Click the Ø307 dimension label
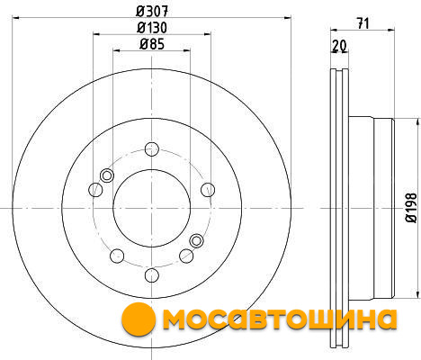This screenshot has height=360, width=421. [152, 12]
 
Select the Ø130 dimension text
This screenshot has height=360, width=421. [152, 28]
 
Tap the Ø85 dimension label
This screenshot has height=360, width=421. [152, 44]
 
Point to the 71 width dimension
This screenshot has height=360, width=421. [363, 23]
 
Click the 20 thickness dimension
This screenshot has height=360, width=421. [339, 46]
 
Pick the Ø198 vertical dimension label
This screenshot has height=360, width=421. [411, 208]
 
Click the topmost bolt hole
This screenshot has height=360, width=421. [152, 149]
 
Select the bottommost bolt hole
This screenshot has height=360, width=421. [152, 274]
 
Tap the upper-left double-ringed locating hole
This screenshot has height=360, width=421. [107, 175]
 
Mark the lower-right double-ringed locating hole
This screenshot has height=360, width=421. [197, 240]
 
